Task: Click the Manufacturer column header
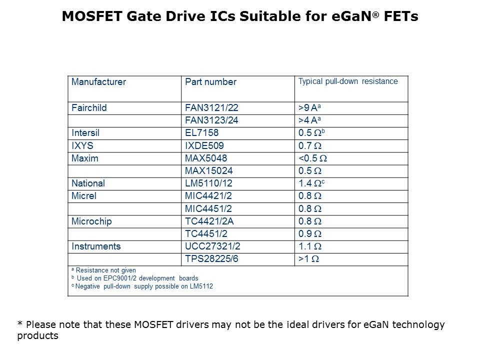(x=98, y=81)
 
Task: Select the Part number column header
(x=210, y=81)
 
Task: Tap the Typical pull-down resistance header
(x=348, y=81)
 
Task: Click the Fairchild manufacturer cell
(x=89, y=107)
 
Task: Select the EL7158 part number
(x=202, y=133)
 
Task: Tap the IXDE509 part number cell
(x=204, y=145)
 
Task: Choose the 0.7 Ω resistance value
(x=309, y=145)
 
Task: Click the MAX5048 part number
(x=206, y=158)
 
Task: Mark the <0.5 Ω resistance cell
(x=312, y=158)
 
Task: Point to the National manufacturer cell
(x=88, y=183)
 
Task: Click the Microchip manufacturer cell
(x=91, y=221)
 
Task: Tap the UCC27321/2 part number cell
(x=213, y=246)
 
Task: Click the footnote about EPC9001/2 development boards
(x=135, y=278)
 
